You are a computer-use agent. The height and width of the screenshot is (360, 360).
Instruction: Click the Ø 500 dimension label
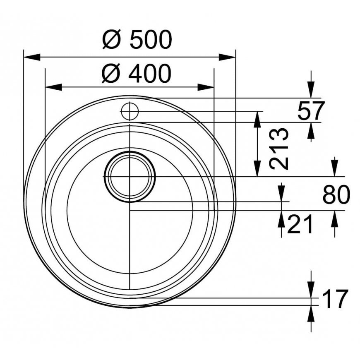pos(137,39)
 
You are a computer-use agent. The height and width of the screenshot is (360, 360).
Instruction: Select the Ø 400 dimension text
pos(137,73)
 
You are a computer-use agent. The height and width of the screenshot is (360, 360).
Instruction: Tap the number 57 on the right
pos(311,110)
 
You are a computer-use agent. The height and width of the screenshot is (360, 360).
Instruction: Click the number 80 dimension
pos(336,195)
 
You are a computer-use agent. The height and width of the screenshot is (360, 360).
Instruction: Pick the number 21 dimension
pos(300,224)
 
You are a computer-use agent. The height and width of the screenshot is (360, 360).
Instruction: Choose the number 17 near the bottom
pos(336,299)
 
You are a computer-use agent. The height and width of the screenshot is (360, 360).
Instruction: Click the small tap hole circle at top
pos(130,111)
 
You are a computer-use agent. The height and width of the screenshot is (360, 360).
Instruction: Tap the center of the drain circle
pos(130,177)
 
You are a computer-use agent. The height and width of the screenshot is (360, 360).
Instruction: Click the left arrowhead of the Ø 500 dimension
pos(32,57)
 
